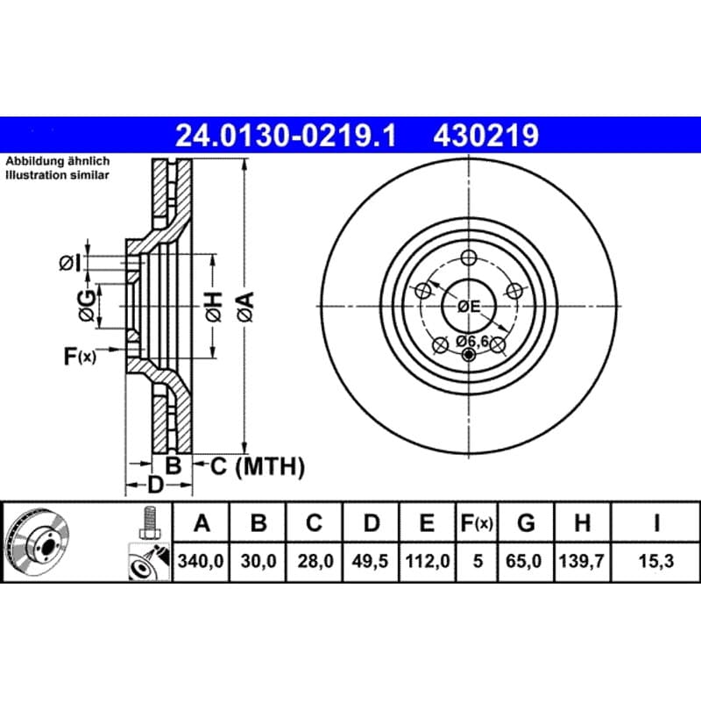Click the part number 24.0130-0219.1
coord(286,136)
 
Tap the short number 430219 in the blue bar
coord(486,136)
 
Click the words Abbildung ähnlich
coord(58,161)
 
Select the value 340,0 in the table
coord(201,561)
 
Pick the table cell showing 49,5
coord(370,561)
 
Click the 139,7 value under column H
coord(582,561)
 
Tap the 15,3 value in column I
coord(655,561)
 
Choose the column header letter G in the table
coord(526,522)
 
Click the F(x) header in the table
coord(477,522)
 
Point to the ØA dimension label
coord(246,307)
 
